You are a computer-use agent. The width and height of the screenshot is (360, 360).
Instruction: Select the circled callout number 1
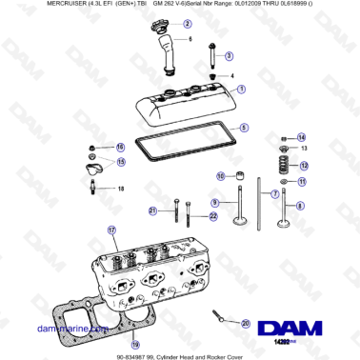pos(240,89)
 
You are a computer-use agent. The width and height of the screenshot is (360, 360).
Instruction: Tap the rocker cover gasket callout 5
pos(244,128)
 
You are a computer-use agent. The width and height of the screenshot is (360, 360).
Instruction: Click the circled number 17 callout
pos(111,230)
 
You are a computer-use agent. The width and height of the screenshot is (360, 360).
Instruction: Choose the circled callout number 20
pos(247,324)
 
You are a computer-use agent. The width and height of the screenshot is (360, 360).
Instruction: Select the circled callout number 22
pos(213,216)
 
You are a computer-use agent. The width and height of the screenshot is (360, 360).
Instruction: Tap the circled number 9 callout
pos(215,202)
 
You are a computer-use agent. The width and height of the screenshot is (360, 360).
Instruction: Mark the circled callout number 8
pos(298,205)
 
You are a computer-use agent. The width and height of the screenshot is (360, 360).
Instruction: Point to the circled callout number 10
pos(220,175)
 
